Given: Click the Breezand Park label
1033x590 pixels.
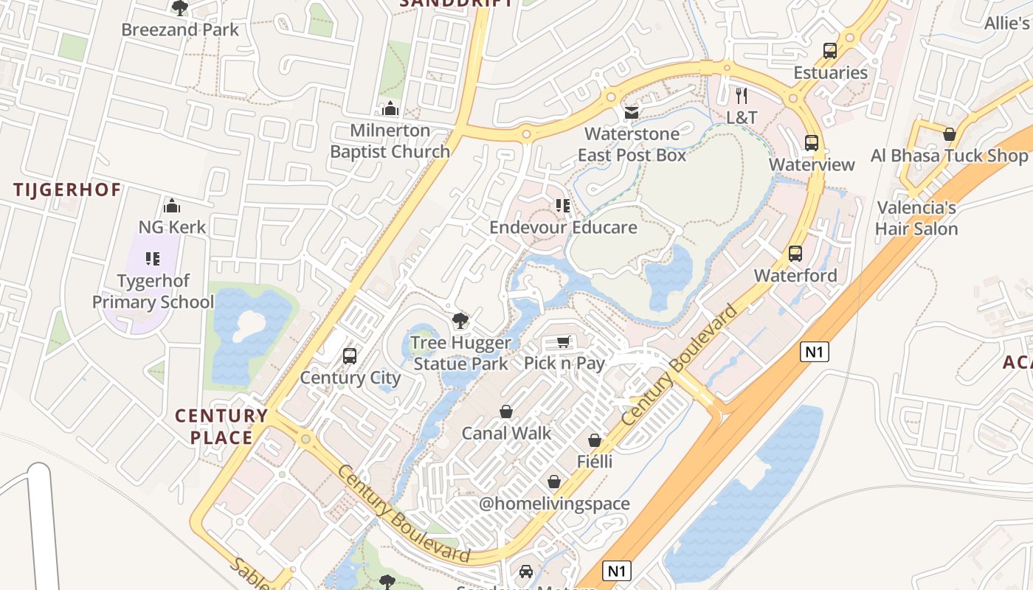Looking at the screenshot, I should [180, 30].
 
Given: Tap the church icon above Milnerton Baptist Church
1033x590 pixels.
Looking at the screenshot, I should [390, 109].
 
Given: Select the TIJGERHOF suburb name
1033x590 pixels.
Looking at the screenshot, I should [67, 190].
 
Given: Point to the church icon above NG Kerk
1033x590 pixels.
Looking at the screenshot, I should [172, 205].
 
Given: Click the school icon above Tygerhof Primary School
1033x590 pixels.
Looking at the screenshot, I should [153, 259].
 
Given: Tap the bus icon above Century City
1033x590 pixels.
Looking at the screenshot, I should [350, 356].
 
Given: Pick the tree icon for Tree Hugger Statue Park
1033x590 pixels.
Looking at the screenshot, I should [460, 321].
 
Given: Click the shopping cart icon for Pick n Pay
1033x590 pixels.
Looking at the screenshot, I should [564, 341].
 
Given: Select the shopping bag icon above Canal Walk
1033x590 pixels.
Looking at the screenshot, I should [506, 411].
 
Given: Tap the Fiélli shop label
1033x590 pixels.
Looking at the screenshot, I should [595, 462].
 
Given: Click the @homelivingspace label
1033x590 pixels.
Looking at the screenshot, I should [554, 504].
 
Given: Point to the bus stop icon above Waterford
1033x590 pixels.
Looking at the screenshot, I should [795, 254].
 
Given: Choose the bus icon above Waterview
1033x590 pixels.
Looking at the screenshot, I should [812, 142].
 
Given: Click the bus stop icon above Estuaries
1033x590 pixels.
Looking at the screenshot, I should [830, 51].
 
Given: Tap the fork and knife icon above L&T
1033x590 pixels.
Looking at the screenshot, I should [742, 95].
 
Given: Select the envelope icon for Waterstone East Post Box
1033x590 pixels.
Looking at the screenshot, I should [632, 113].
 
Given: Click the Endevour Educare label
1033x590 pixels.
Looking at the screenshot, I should [563, 227].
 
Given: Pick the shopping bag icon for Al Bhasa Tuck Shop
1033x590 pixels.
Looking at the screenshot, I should [950, 134].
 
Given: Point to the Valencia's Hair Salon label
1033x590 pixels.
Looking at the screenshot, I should [916, 218].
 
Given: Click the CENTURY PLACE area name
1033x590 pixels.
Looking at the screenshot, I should [221, 426].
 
